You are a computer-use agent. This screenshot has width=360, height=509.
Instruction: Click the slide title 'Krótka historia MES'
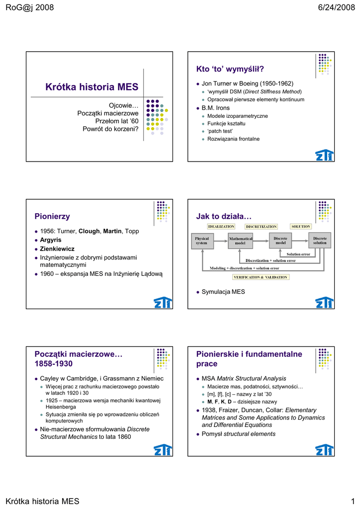click(91, 87)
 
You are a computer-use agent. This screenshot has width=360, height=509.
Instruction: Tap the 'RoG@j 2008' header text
click(29, 7)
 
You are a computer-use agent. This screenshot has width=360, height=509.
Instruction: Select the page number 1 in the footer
click(352, 501)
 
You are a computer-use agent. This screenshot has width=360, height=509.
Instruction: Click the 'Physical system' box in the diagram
click(201, 241)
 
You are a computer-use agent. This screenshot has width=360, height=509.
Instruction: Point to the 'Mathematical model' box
click(241, 241)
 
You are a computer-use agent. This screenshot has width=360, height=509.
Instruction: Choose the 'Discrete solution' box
click(320, 241)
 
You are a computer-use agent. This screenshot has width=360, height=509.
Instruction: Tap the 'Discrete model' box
click(280, 241)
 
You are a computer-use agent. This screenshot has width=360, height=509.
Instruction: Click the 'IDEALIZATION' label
click(221, 227)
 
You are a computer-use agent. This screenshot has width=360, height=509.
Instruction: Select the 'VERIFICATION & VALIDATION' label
click(261, 277)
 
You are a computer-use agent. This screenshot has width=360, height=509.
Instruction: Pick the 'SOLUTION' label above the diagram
click(300, 227)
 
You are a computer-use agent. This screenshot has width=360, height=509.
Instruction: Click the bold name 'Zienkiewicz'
click(57, 249)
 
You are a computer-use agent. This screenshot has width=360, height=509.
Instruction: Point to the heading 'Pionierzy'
click(52, 216)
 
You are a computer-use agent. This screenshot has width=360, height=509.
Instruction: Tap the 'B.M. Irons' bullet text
click(215, 108)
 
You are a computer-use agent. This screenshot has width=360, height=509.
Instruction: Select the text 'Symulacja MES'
click(223, 292)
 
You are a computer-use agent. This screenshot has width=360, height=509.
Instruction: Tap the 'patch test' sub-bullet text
click(220, 131)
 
